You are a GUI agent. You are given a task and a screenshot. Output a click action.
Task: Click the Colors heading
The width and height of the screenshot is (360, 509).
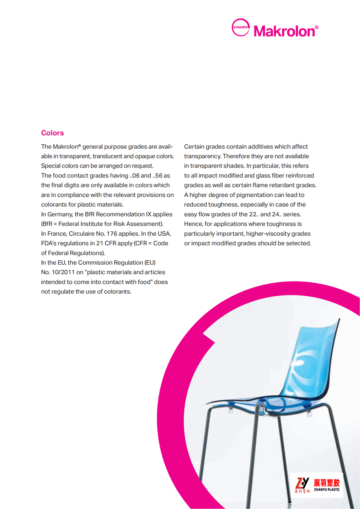click(x=52, y=133)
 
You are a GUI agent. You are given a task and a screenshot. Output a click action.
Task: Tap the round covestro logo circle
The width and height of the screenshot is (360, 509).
click(x=241, y=28)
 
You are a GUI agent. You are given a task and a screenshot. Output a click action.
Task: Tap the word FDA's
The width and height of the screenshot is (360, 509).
click(x=50, y=243)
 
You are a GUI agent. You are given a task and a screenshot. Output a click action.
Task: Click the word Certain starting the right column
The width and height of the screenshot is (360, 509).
click(x=194, y=147)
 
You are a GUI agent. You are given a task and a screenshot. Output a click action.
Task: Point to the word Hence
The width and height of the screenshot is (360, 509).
click(x=193, y=224)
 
